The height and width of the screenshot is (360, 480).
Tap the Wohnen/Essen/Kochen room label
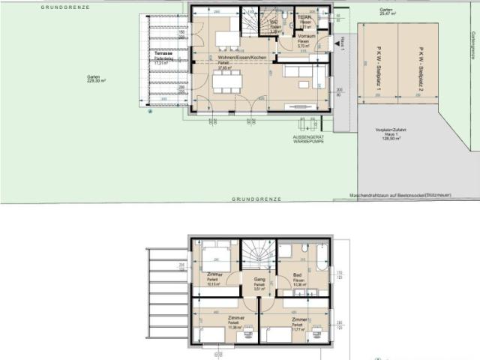tap(237, 58)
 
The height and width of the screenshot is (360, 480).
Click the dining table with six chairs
tap(228, 80)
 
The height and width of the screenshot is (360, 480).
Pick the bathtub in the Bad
tap(322, 257)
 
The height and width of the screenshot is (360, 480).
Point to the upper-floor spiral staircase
tap(258, 252)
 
